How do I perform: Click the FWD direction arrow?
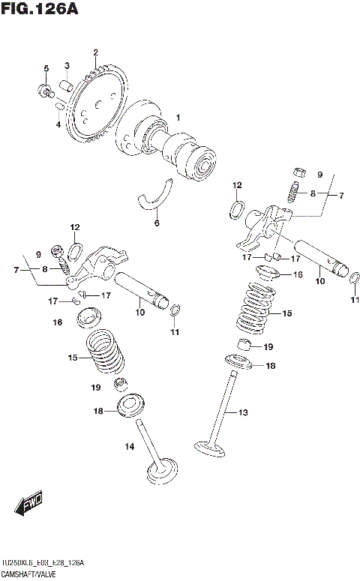click(30, 506)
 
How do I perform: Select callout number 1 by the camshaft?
click(178, 117)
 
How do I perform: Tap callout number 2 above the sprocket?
click(95, 52)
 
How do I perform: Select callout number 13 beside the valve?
click(242, 412)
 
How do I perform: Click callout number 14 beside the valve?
click(129, 447)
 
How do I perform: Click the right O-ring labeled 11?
click(355, 279)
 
